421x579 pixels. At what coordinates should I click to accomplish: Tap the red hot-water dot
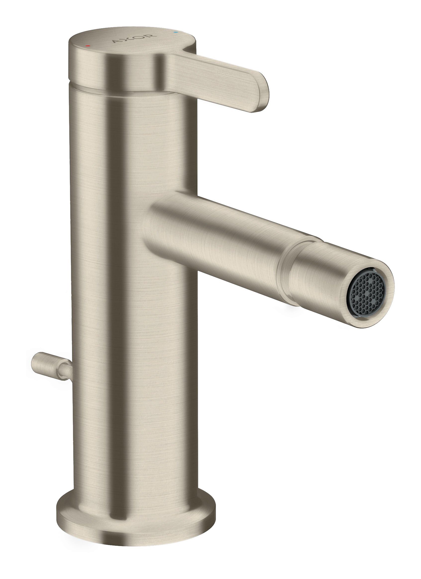(x=88, y=46)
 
